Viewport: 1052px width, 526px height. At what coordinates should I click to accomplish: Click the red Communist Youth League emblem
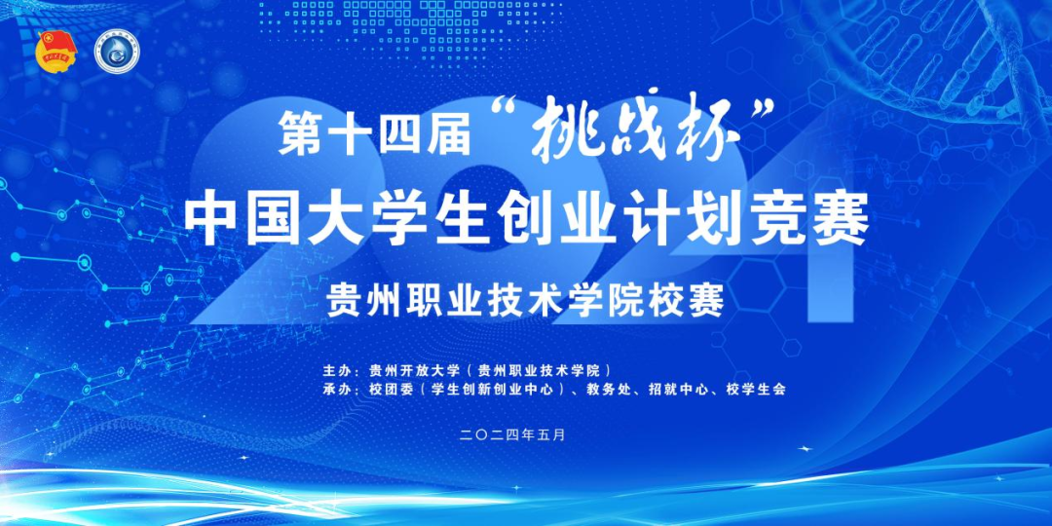click(57, 53)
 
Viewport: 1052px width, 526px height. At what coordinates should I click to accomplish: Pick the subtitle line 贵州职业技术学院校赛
click(525, 301)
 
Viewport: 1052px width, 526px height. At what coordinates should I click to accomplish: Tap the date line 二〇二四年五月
click(514, 434)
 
